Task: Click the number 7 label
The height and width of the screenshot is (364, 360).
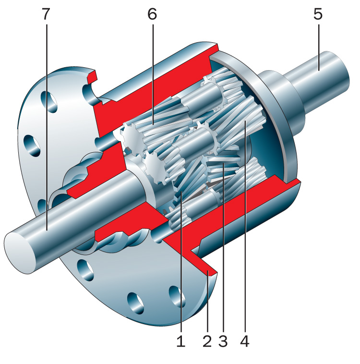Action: pos(46,14)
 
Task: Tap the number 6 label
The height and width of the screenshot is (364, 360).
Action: pos(152,14)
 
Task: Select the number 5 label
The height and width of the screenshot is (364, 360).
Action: pos(318,14)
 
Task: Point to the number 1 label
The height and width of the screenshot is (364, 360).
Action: pos(181,341)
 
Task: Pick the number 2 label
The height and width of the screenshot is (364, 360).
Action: pos(207,341)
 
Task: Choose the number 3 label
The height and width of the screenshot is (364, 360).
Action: pos(223,341)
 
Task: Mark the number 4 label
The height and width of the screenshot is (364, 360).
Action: pos(245,341)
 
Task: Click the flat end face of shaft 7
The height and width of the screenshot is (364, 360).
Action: pos(20,253)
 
